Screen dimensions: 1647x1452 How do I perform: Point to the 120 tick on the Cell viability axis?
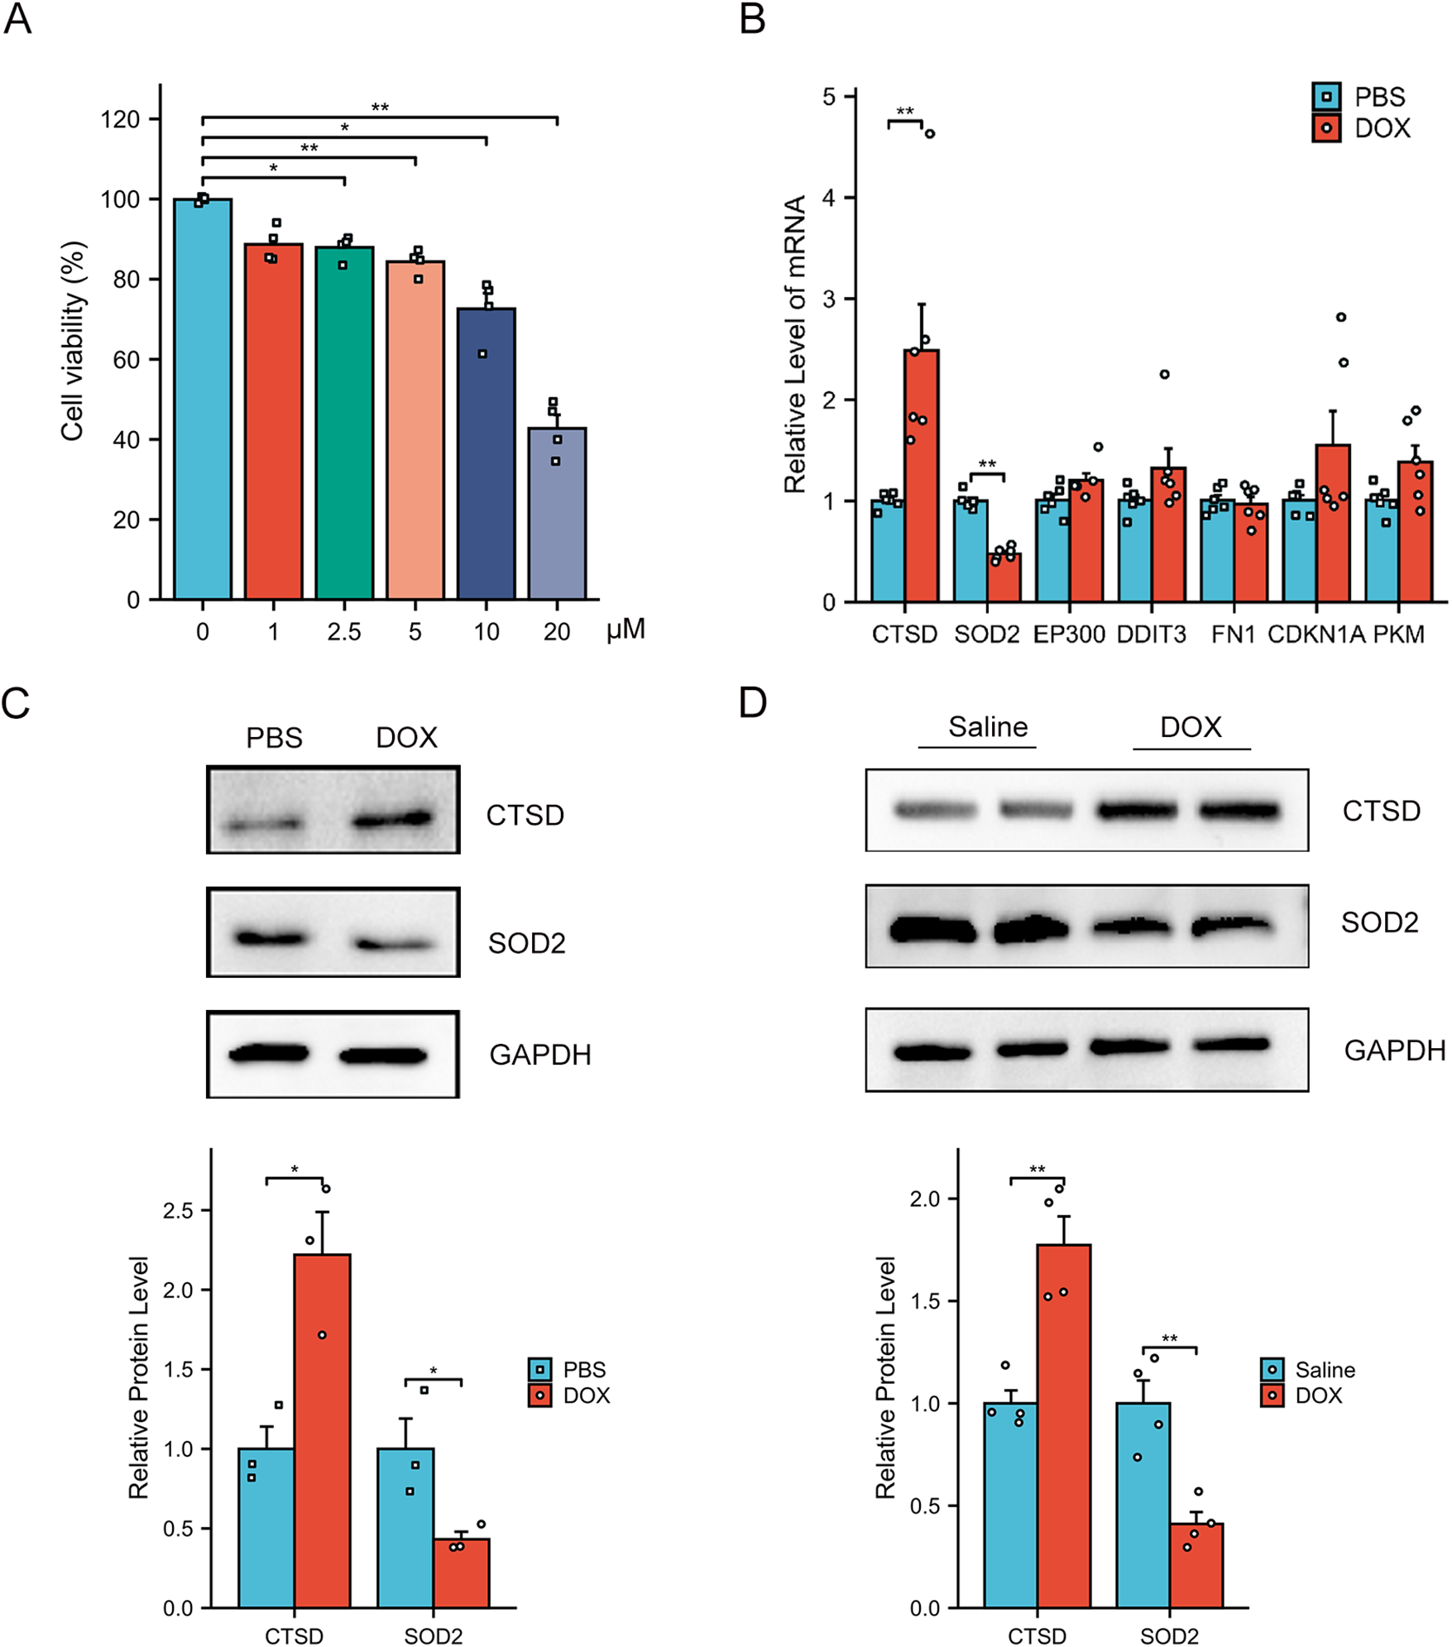120,120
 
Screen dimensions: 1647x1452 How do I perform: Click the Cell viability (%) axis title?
73,341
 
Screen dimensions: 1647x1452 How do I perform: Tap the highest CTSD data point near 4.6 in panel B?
929,133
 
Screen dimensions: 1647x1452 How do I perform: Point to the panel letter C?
16,704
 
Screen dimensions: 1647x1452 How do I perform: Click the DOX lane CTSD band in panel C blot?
392,820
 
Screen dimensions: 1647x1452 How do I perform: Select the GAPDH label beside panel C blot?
539,1055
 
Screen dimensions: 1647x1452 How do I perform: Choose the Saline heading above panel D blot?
987,726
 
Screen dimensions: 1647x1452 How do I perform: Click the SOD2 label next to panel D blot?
1379,922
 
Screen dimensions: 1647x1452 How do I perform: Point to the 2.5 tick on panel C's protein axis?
178,1211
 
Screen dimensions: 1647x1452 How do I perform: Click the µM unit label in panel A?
625,630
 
